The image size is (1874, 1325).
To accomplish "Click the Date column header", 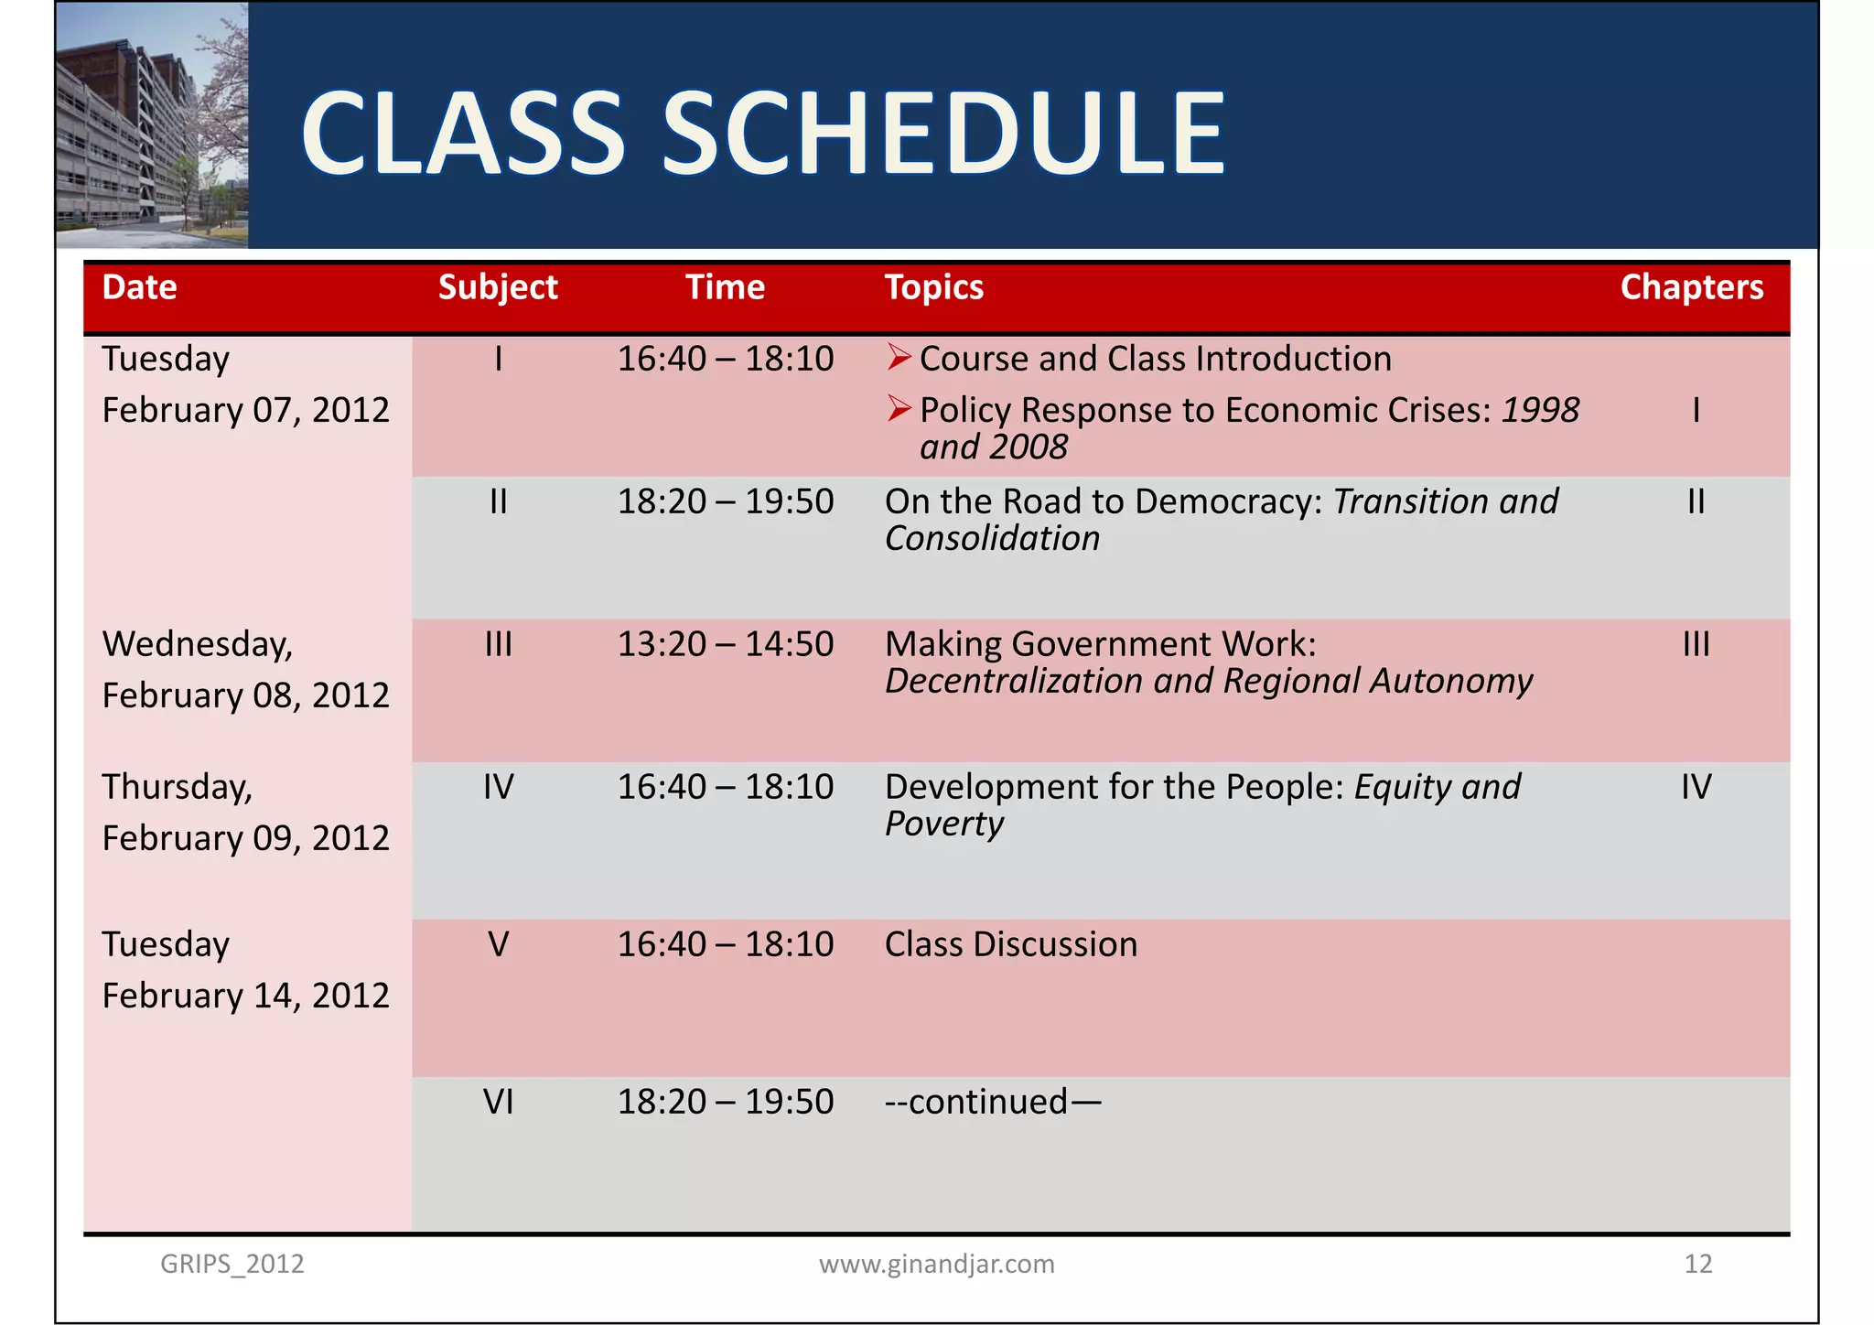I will point(139,287).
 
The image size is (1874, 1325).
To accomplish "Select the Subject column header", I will point(498,287).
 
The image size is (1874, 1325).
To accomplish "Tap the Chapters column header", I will point(1691,287).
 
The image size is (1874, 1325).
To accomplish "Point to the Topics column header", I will point(933,287).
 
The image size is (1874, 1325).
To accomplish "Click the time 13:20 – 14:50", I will point(725,644).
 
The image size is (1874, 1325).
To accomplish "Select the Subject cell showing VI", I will point(498,1102).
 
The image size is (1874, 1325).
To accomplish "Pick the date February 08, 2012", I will point(245,695).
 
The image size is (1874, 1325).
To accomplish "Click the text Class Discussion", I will point(1010,944).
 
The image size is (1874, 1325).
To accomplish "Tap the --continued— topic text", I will point(992,1102).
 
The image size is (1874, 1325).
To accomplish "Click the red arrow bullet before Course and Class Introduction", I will point(899,358).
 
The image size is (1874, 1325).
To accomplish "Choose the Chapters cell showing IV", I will point(1696,787).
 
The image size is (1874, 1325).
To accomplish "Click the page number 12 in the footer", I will point(1697,1264).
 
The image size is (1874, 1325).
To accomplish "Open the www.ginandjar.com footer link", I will point(936,1264).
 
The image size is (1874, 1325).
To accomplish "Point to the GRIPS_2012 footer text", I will point(232,1264).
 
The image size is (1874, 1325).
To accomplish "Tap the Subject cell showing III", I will point(498,644).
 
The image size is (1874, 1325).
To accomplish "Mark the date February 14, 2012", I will point(245,996).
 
